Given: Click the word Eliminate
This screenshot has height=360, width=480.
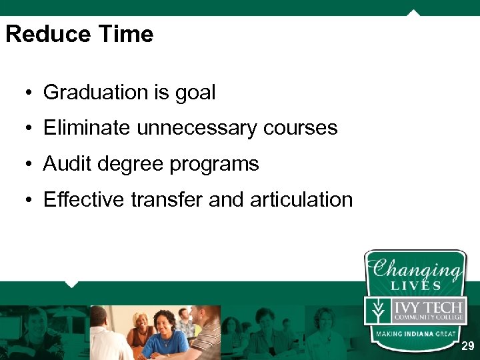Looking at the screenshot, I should pyautogui.click(x=87, y=128).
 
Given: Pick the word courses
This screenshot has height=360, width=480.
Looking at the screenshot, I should pyautogui.click(x=306, y=128).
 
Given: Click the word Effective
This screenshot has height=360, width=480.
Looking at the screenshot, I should pyautogui.click(x=85, y=199).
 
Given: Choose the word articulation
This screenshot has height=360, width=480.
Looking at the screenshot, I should pyautogui.click(x=301, y=199).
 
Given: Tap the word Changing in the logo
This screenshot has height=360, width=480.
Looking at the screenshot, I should pyautogui.click(x=415, y=270).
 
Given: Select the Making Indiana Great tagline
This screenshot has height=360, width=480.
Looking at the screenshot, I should pyautogui.click(x=415, y=333).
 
